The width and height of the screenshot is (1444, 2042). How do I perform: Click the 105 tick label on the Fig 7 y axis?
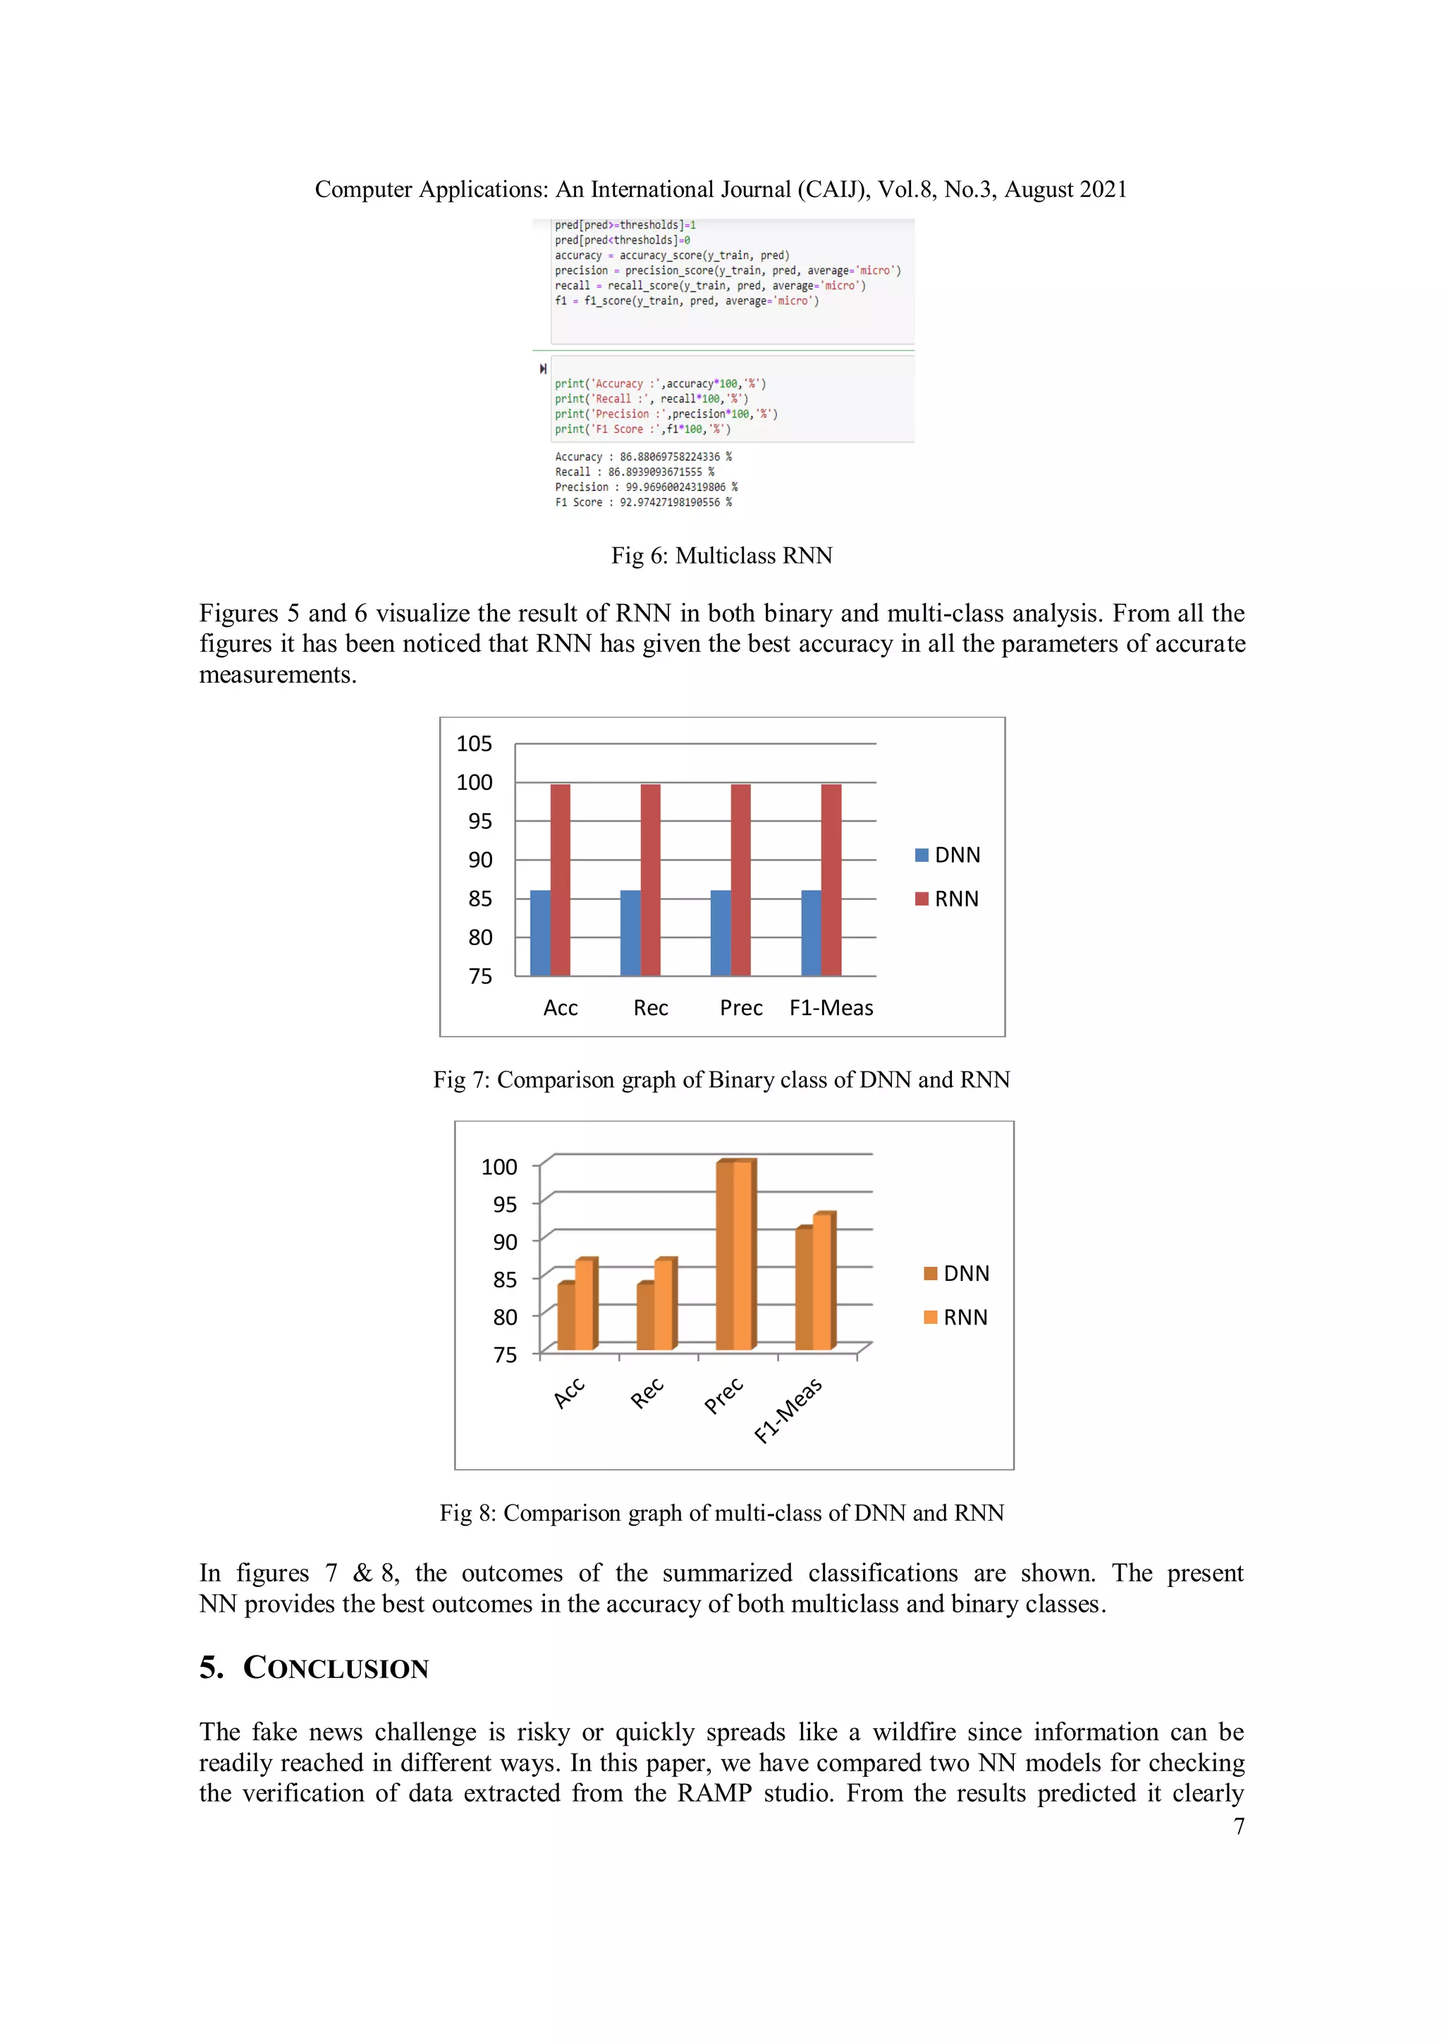[474, 743]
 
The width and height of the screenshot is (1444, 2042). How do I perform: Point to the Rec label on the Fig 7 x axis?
[651, 1008]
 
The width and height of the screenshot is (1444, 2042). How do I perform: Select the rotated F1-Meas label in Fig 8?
[789, 1410]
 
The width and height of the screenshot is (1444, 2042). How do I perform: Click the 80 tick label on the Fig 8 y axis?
[504, 1316]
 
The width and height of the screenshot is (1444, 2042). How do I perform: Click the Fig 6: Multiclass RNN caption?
[721, 555]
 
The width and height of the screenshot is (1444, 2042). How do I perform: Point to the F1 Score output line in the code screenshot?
[643, 502]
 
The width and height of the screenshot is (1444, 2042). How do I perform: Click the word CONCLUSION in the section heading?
[336, 1667]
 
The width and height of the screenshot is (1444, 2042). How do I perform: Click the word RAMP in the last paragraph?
[714, 1792]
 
